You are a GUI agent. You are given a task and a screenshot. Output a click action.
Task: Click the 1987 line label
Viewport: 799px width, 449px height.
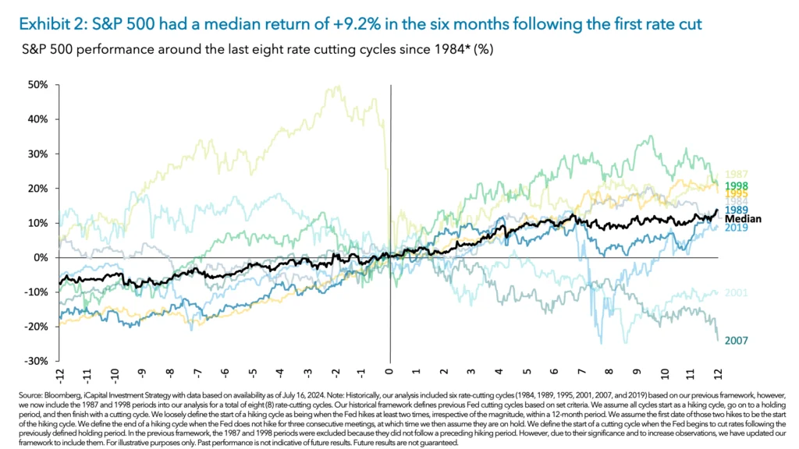tap(737, 175)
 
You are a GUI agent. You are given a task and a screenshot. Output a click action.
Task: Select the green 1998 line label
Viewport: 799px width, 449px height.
tap(737, 186)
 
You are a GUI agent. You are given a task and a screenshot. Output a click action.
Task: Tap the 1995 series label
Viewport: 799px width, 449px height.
tap(737, 193)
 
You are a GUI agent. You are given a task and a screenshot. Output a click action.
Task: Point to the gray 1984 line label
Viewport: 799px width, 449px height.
tap(737, 202)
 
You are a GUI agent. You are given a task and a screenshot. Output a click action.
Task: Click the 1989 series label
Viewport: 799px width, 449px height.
tap(737, 210)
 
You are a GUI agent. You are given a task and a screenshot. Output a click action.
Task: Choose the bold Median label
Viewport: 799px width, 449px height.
tap(742, 219)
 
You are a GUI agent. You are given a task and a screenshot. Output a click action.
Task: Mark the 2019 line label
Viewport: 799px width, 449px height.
tap(737, 228)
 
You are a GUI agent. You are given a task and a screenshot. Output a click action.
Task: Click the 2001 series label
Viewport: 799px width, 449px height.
tap(737, 293)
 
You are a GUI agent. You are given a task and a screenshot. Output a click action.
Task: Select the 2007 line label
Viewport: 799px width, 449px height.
tap(737, 341)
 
